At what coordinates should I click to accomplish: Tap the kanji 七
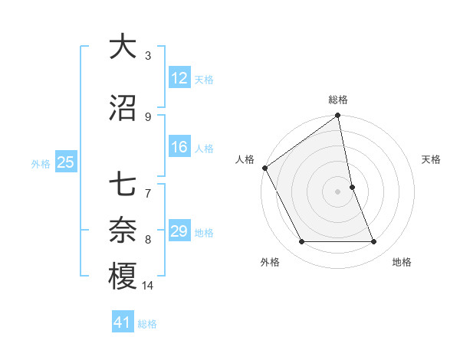point(122,185)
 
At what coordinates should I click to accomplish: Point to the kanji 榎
point(122,275)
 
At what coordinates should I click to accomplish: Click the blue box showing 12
point(179,78)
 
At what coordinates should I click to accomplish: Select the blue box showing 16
point(179,147)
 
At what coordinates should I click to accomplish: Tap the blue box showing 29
point(179,232)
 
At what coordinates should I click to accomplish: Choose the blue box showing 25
point(65,162)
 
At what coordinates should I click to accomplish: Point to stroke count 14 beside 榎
point(148,286)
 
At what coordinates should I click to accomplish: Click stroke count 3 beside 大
point(148,55)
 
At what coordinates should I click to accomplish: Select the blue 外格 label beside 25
point(41,163)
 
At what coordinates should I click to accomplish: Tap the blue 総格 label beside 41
point(147,324)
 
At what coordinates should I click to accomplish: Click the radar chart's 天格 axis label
point(432,159)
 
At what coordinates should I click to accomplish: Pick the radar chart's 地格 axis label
point(402,262)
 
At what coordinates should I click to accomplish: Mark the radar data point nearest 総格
point(337,116)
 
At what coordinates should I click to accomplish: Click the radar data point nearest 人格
point(264,168)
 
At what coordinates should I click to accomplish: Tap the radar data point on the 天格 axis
point(352,187)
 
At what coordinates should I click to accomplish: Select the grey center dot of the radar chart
point(337,191)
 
